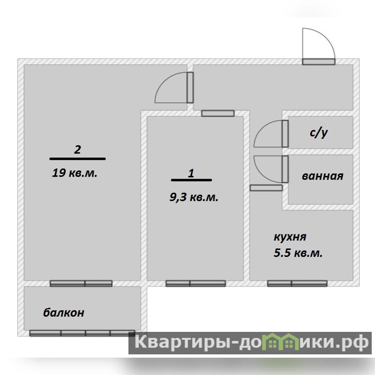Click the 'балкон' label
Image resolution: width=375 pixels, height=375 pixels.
pos(64,313)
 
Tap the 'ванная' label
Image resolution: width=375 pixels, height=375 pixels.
pos(322,176)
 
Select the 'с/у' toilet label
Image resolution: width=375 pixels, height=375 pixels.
pos(319,133)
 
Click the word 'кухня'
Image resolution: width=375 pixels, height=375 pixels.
pos(290,237)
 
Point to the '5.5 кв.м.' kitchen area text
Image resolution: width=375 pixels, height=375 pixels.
pos(298,253)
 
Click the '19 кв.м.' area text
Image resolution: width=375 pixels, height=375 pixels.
pos(75,172)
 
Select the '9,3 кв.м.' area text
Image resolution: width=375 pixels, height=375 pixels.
pos(194,197)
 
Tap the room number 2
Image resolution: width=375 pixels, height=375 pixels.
pos(77,150)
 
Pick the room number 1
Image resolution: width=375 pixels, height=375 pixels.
pos(191,173)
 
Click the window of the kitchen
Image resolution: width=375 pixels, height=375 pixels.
pos(297,284)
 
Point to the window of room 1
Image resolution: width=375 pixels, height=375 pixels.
pos(195,284)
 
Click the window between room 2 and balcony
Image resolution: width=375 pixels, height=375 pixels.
pos(81,284)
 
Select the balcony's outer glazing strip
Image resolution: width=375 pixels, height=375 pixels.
pos(82,333)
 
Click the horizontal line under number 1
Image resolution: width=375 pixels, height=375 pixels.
pos(192,180)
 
